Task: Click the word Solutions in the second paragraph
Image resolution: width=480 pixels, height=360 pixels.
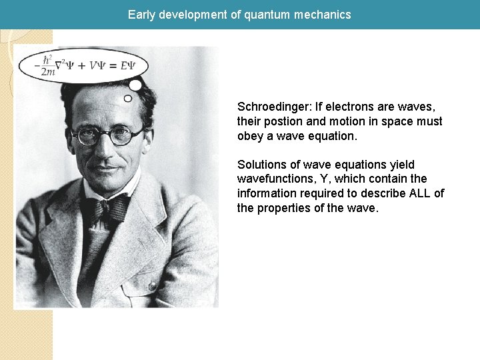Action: [x=262, y=165]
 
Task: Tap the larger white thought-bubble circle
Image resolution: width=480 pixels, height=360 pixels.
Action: [x=135, y=85]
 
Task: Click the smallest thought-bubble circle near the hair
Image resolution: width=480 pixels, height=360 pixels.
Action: [x=128, y=98]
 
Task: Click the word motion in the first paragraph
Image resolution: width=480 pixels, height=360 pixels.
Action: [x=346, y=121]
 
